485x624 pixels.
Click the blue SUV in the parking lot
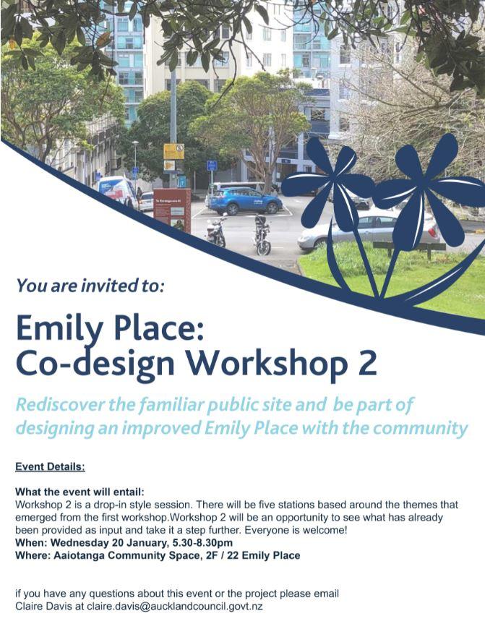point(245,200)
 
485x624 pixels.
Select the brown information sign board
point(172,210)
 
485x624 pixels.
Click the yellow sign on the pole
point(174,152)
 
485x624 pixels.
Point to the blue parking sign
point(212,166)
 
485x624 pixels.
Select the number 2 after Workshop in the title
point(367,363)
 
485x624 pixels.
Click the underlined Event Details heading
point(50,466)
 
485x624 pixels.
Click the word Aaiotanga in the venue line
point(79,555)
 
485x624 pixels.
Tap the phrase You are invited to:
point(90,286)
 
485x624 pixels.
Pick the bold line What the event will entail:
point(80,492)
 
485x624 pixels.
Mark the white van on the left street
point(117,191)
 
